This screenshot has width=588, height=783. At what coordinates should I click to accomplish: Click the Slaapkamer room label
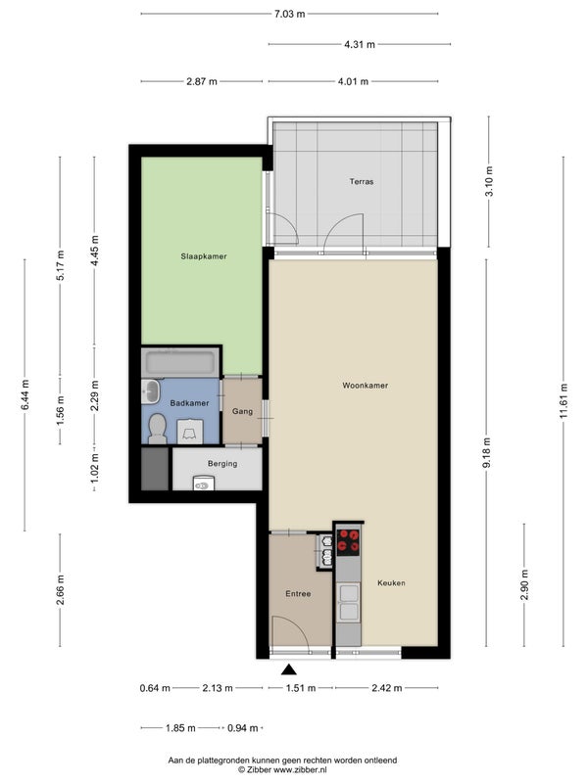[204, 256]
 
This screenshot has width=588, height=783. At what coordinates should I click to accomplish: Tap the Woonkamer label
[365, 385]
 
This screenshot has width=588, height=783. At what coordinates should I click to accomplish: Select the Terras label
[362, 181]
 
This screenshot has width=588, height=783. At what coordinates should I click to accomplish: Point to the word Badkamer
[189, 403]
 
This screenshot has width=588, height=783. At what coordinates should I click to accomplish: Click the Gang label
[242, 411]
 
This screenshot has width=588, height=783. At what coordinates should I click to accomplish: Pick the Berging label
[222, 463]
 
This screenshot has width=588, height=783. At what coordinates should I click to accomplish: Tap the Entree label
[298, 594]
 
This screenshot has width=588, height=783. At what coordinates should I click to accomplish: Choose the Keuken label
[391, 582]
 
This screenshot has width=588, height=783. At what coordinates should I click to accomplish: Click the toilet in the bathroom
[158, 429]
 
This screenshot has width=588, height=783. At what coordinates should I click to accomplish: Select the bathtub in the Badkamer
[180, 361]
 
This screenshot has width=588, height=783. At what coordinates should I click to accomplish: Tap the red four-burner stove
[348, 542]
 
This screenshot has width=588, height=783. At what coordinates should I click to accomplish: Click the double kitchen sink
[349, 603]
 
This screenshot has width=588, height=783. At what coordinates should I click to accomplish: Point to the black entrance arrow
[288, 669]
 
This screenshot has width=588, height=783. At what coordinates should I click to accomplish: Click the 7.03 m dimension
[289, 14]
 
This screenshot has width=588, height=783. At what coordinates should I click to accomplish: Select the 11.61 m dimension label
[563, 401]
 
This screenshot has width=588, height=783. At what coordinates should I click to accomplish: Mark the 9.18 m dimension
[486, 452]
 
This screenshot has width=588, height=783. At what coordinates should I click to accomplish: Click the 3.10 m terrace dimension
[489, 181]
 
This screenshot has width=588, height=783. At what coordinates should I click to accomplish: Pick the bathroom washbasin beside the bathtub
[151, 391]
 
